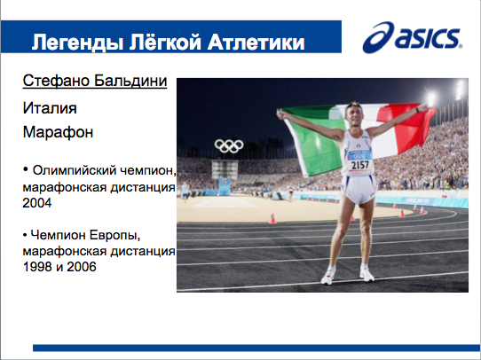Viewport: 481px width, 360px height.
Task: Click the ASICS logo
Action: pyautogui.click(x=413, y=37)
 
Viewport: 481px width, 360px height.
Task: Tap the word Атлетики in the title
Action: pyautogui.click(x=256, y=42)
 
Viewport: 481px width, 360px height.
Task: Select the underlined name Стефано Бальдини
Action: pyautogui.click(x=95, y=81)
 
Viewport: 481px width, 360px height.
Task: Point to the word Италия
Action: pyautogui.click(x=50, y=108)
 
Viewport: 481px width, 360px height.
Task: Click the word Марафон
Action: pyautogui.click(x=58, y=132)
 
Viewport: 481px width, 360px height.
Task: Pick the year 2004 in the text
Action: pyautogui.click(x=37, y=203)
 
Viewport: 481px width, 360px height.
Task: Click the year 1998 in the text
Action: pyautogui.click(x=37, y=267)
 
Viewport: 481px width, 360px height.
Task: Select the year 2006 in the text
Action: pyautogui.click(x=82, y=267)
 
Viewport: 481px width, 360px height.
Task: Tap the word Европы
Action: pyautogui.click(x=115, y=235)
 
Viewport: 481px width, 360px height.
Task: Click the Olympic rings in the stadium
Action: pyautogui.click(x=229, y=145)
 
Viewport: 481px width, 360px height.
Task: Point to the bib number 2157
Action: pyautogui.click(x=359, y=165)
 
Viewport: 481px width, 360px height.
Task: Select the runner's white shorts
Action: pyautogui.click(x=359, y=189)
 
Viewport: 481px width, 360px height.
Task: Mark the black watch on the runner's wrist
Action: pyautogui.click(x=417, y=110)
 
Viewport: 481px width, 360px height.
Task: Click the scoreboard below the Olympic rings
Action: pyautogui.click(x=225, y=169)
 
